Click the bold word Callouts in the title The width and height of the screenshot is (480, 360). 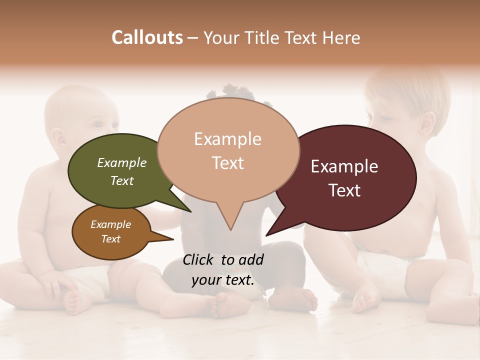(x=147, y=37)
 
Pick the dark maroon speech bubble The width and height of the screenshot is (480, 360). (x=350, y=177)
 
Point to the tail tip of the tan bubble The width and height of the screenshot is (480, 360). (x=230, y=229)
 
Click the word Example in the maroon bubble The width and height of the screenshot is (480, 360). (x=344, y=166)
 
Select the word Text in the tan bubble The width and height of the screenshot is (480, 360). (x=228, y=163)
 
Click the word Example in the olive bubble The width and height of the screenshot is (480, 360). (x=122, y=162)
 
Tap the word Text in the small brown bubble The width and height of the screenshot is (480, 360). (x=111, y=239)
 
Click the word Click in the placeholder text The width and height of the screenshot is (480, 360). (x=199, y=259)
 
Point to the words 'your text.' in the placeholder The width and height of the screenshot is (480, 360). (x=222, y=280)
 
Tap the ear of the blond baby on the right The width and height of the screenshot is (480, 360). (x=427, y=123)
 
